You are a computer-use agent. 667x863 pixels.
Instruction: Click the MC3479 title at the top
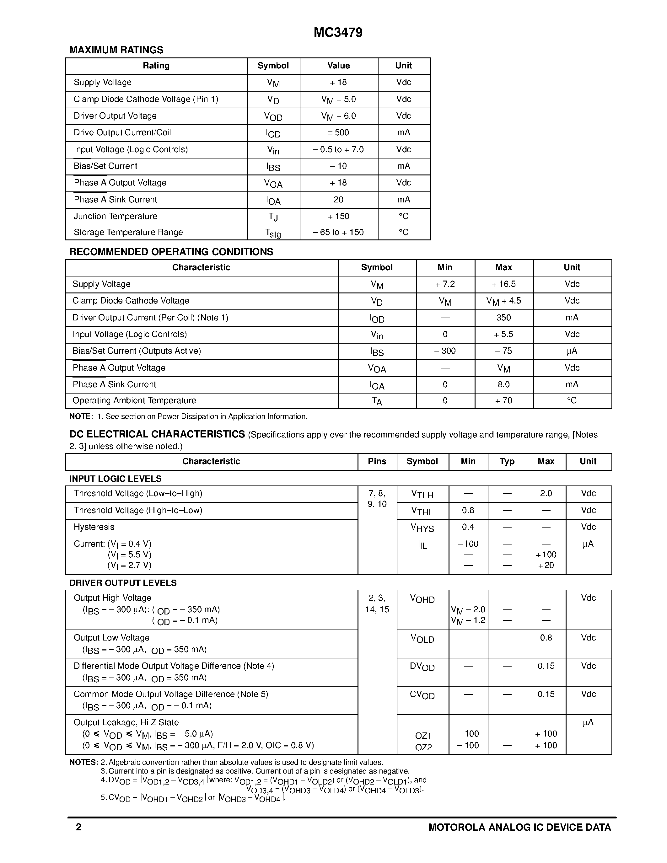click(x=338, y=32)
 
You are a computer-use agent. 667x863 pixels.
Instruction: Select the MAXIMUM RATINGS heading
click(x=116, y=50)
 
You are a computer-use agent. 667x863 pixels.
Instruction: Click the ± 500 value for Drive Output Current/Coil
click(x=338, y=132)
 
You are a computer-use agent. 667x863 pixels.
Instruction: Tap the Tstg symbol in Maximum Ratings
click(x=273, y=233)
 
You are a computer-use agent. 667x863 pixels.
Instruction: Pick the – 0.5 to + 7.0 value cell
click(x=338, y=149)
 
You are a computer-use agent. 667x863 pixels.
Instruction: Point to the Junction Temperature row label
click(x=116, y=216)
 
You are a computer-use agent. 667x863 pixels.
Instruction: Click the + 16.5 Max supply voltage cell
click(x=503, y=284)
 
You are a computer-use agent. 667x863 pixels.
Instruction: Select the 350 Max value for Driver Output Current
click(x=503, y=318)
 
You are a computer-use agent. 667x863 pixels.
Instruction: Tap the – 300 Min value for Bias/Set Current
click(x=445, y=351)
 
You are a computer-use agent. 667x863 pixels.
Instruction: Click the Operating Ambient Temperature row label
click(x=134, y=400)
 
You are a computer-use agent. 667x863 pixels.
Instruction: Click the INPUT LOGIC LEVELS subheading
click(x=116, y=479)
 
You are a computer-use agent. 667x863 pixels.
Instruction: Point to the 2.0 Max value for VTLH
click(x=546, y=494)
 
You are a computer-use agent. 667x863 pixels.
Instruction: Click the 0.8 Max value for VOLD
click(x=546, y=638)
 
